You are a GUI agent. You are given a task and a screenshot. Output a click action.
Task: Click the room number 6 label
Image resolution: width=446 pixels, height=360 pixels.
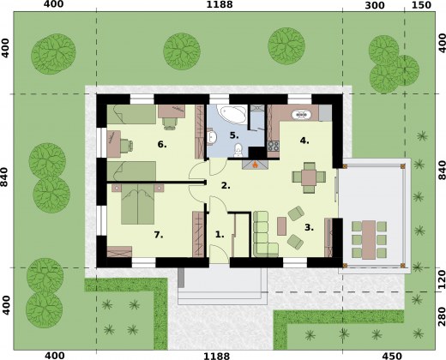click(162, 145)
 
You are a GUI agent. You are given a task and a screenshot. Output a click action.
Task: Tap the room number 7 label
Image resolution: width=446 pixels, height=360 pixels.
click(159, 235)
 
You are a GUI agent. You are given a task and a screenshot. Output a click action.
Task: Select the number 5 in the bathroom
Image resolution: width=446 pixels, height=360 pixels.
click(234, 135)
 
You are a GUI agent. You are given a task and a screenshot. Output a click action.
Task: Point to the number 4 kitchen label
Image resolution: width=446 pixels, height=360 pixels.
click(304, 141)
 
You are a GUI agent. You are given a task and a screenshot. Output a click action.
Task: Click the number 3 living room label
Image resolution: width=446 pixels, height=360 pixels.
click(309, 227)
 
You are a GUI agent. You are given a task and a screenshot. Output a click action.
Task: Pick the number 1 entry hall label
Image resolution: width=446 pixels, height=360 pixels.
click(220, 235)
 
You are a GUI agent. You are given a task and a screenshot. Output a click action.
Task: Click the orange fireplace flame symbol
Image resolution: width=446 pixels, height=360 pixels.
click(256, 165)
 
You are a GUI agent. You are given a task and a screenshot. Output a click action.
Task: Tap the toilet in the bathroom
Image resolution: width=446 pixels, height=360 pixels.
click(238, 150)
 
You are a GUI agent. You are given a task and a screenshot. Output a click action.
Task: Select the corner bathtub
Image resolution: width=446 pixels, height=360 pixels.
click(232, 114)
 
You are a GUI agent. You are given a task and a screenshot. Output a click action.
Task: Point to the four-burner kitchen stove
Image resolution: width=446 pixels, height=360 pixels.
click(273, 146)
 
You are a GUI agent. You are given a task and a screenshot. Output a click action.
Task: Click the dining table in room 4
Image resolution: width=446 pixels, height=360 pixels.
click(309, 177)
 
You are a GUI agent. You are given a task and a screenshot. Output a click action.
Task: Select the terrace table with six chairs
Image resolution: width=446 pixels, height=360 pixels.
click(369, 239)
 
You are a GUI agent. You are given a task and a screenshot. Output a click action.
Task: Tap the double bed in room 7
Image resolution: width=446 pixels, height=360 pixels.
click(138, 204)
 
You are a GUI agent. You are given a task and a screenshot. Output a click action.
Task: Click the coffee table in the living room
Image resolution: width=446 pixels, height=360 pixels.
click(281, 226)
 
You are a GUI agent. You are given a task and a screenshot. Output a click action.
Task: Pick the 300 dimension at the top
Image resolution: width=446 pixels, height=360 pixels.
click(375, 5)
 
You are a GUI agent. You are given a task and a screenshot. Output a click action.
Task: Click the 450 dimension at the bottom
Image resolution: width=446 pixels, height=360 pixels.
click(392, 356)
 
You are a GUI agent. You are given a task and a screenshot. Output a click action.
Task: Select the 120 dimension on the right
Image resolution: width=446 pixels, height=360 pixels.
click(442, 279)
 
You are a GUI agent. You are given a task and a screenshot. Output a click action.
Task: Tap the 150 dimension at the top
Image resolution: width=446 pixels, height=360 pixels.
click(422, 5)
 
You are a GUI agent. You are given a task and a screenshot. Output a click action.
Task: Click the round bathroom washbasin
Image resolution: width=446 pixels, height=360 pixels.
click(212, 136)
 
